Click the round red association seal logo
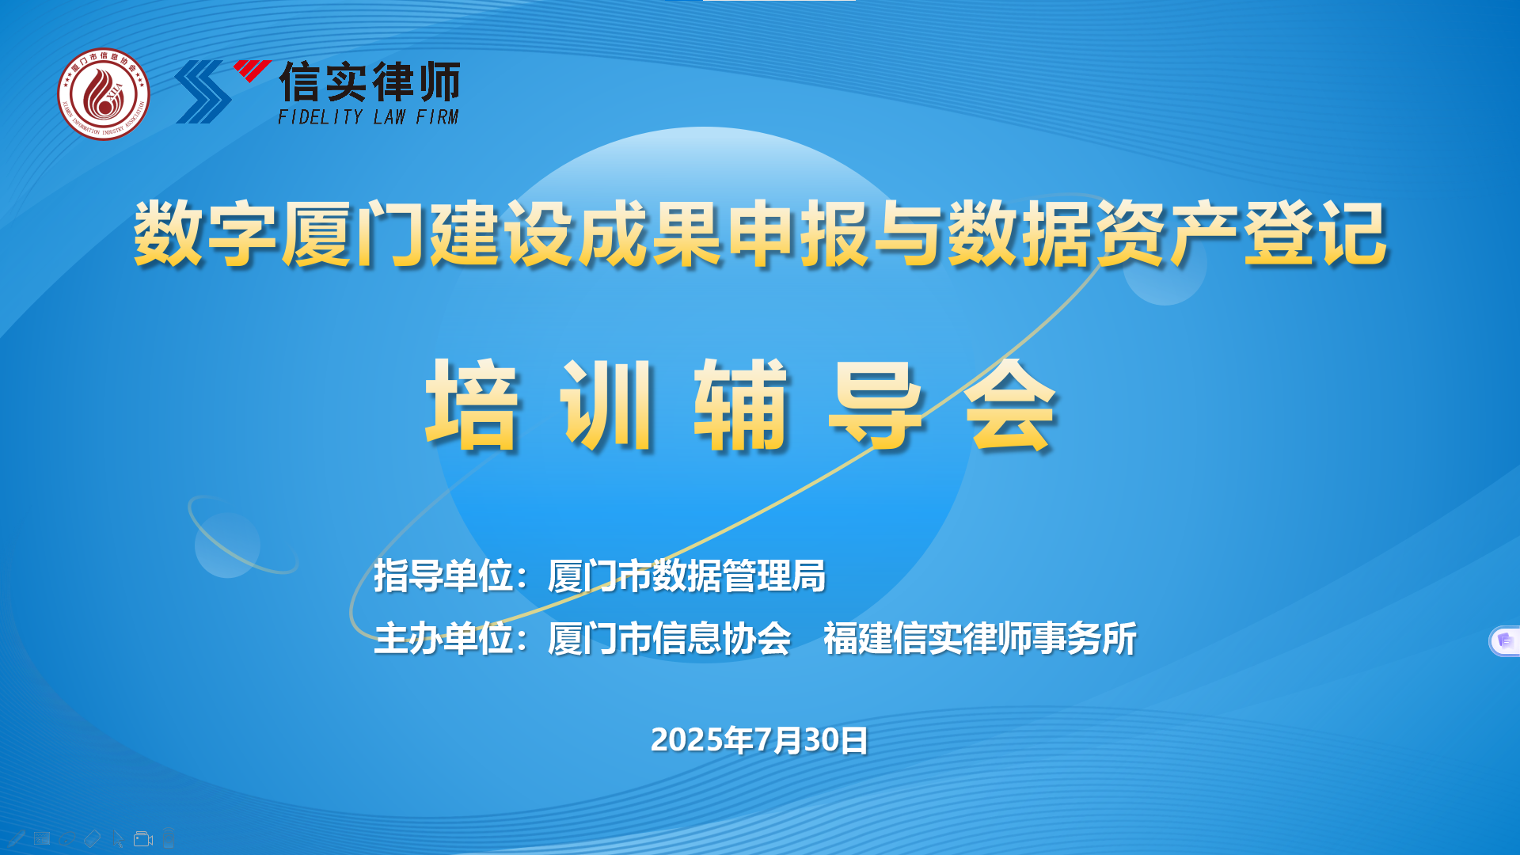[x=104, y=94]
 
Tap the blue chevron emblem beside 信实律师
[x=203, y=92]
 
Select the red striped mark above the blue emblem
[x=252, y=70]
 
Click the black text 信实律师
[x=370, y=82]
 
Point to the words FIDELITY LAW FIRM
[x=368, y=117]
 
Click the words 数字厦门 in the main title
[x=281, y=234]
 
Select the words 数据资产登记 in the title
[x=1167, y=234]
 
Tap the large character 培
[x=473, y=405]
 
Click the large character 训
[x=607, y=405]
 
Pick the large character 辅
[x=742, y=405]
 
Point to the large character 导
[x=876, y=405]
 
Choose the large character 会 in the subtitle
[x=1010, y=405]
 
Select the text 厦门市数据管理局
[x=686, y=576]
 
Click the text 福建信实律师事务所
[x=980, y=638]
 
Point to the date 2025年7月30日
[x=759, y=739]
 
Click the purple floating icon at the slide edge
[x=1505, y=640]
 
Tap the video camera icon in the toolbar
[x=143, y=838]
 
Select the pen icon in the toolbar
[x=17, y=838]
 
